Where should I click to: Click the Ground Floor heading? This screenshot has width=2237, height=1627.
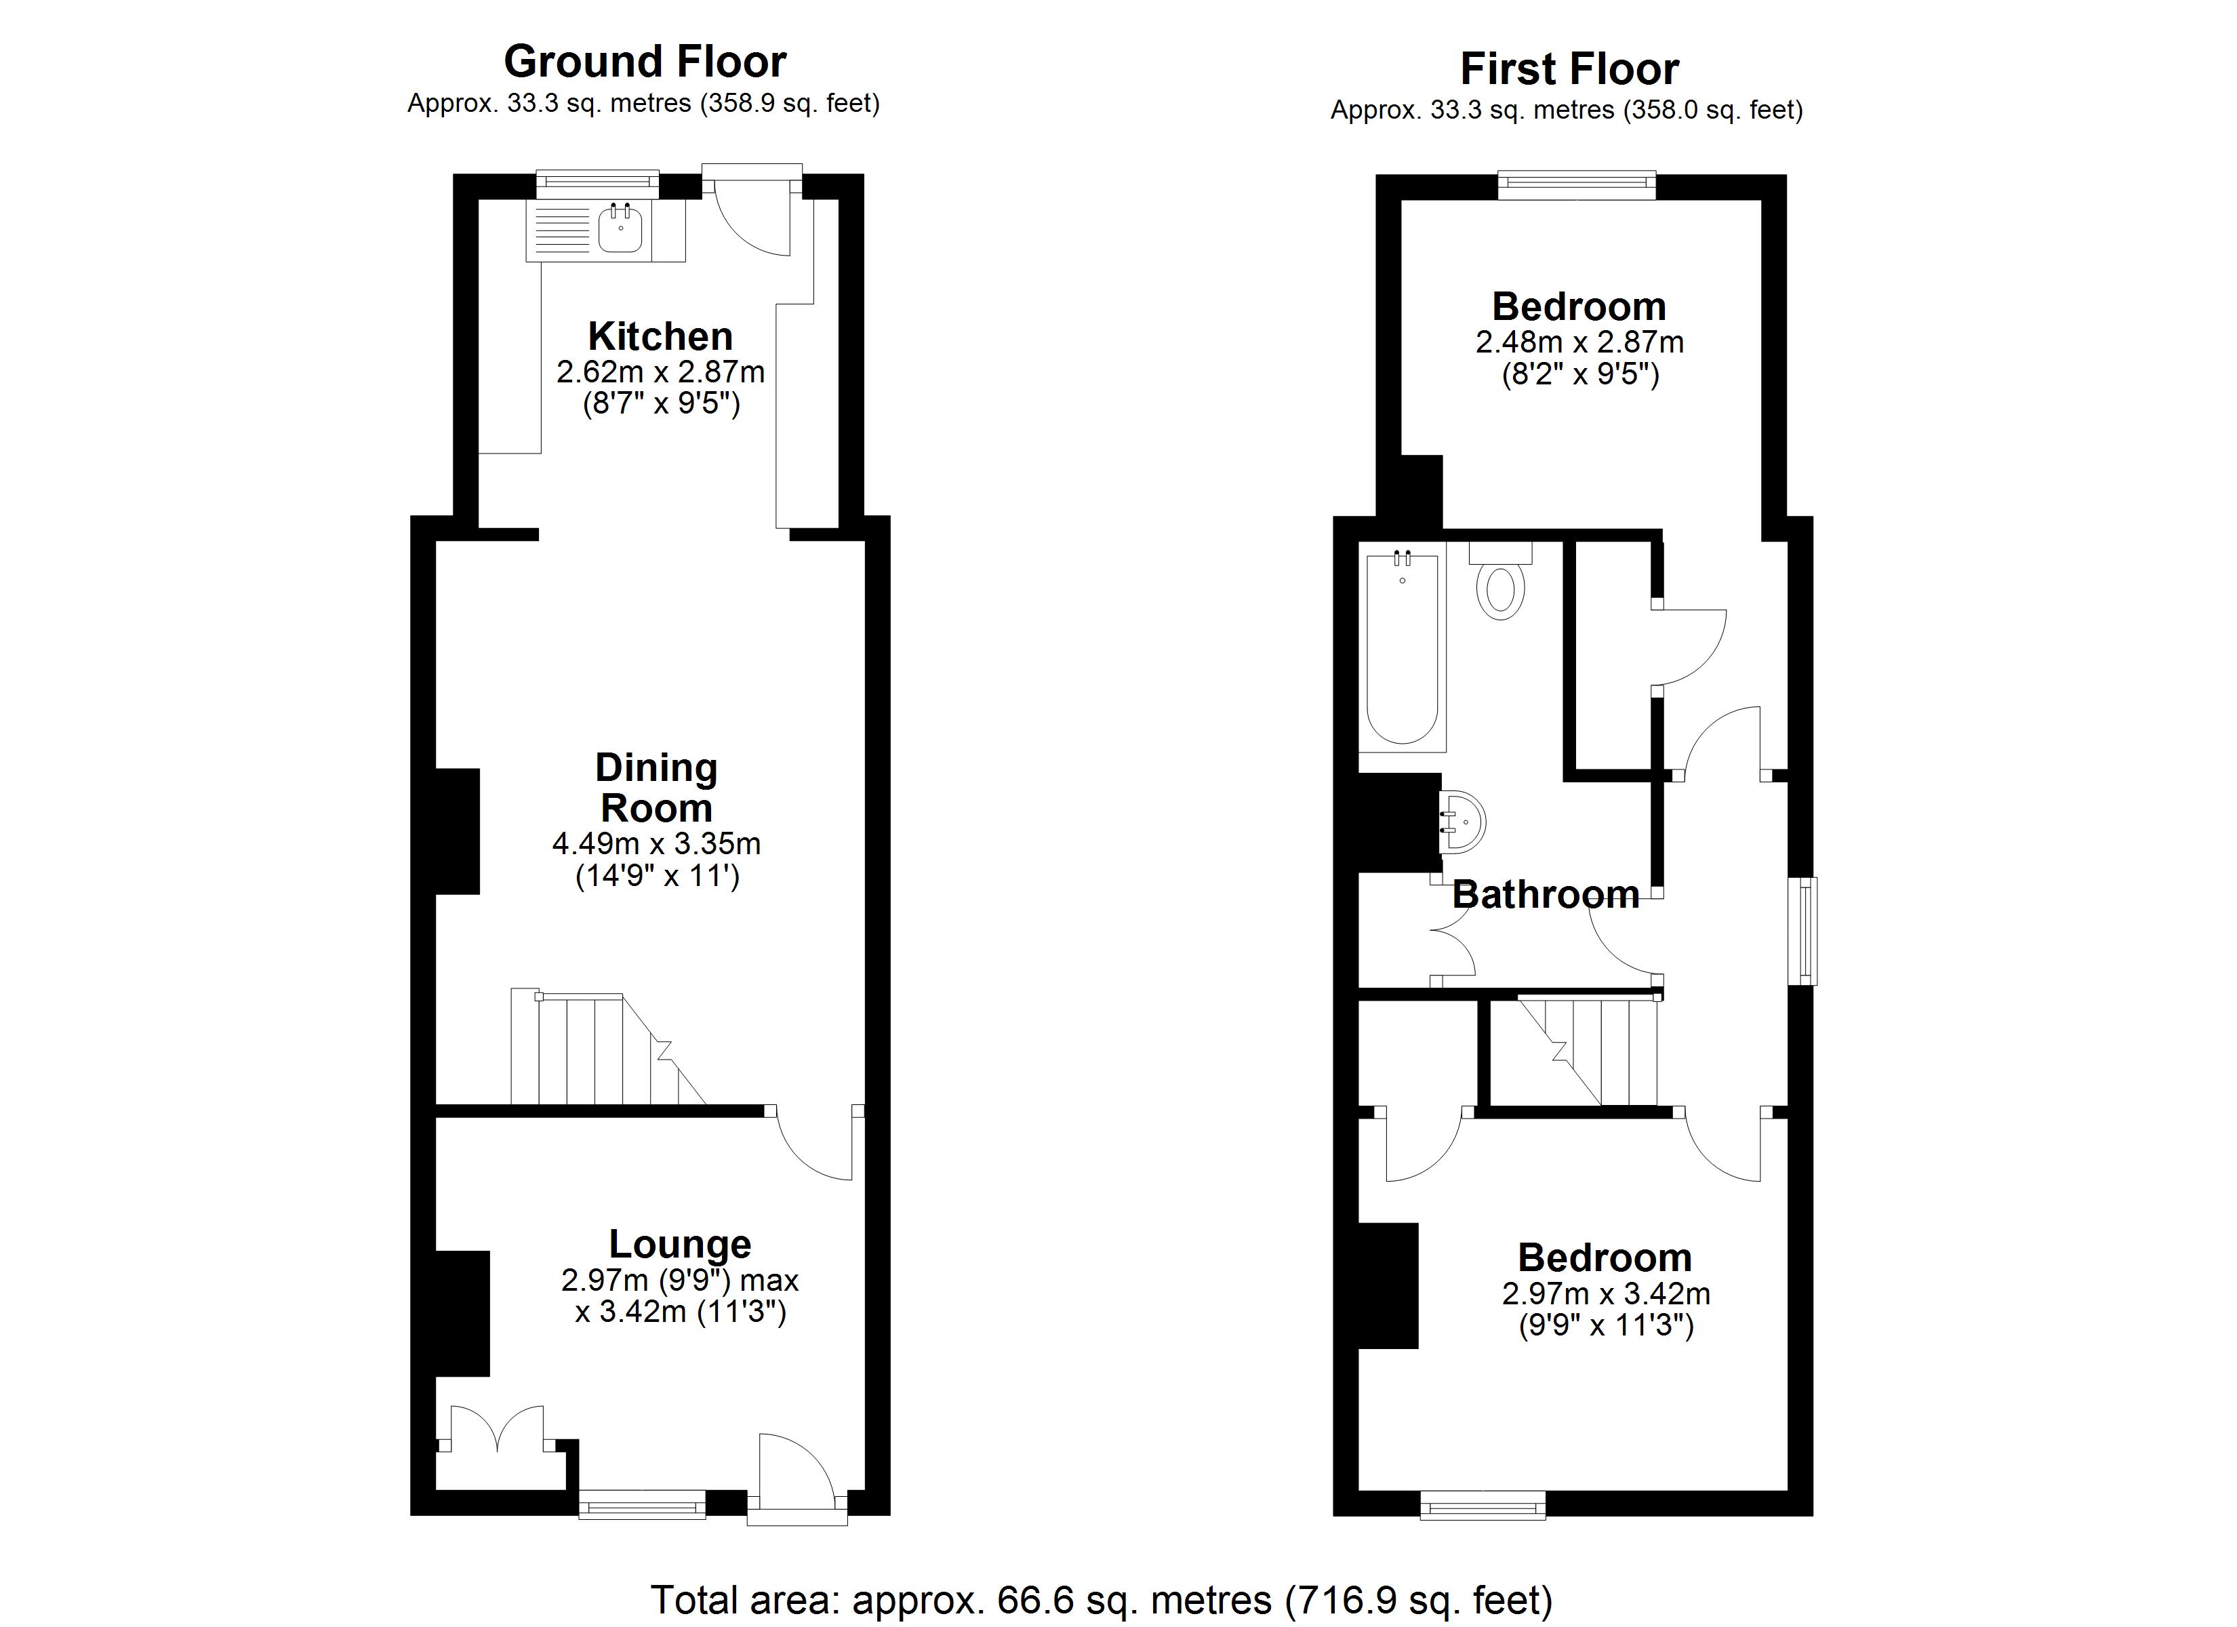[645, 61]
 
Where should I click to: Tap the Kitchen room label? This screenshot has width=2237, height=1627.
[660, 336]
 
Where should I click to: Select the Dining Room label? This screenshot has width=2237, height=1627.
[657, 787]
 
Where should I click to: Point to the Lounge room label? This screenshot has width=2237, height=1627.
[680, 1244]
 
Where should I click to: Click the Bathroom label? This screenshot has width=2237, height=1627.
[1546, 895]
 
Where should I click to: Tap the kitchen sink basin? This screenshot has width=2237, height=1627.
[620, 230]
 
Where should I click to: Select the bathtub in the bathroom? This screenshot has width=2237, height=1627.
[1402, 647]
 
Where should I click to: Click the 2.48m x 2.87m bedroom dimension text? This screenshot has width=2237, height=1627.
[1579, 342]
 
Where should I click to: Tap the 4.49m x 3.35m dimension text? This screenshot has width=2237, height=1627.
[656, 843]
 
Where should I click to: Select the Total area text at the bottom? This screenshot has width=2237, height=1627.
[1101, 1599]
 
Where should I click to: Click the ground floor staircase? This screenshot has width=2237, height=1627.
[607, 1048]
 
